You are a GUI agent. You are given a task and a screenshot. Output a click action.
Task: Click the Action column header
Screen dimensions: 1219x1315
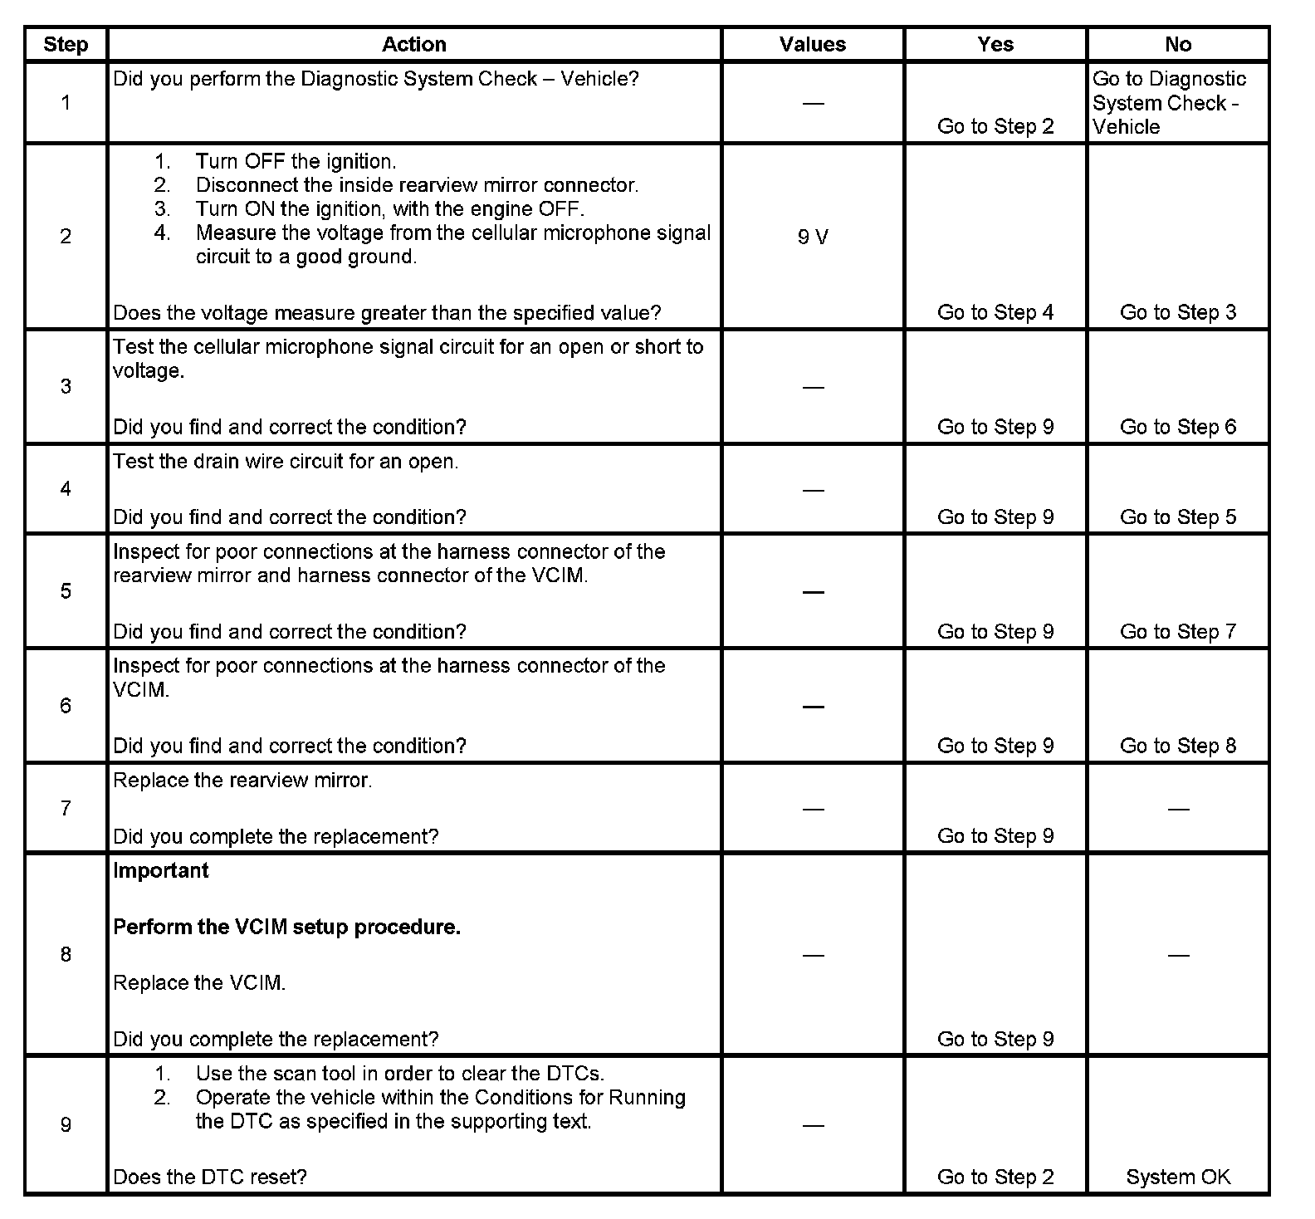click(x=413, y=44)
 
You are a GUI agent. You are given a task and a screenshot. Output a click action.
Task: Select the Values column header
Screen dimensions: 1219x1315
click(x=812, y=44)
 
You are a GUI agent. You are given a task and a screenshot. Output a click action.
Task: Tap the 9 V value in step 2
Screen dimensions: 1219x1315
click(x=813, y=237)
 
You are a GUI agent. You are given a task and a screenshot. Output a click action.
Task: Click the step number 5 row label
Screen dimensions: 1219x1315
click(x=66, y=591)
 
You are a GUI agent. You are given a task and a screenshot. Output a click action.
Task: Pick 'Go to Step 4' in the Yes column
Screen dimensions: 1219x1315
click(x=995, y=312)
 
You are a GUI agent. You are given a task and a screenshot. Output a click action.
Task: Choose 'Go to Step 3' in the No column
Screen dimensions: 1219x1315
click(x=1177, y=312)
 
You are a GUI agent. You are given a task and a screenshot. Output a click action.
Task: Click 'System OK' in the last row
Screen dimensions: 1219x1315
click(x=1177, y=1177)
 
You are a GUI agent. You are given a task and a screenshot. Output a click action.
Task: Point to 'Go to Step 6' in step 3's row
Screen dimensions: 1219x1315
click(x=1177, y=427)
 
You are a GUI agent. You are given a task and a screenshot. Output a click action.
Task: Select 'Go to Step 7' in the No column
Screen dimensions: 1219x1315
click(x=1177, y=632)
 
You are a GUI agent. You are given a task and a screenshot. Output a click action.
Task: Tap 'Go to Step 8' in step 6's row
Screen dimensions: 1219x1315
click(x=1177, y=746)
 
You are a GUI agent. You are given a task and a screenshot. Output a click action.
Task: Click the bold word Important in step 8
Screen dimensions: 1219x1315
click(x=161, y=870)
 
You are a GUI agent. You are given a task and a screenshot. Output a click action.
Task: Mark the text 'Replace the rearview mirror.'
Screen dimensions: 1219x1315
click(x=242, y=781)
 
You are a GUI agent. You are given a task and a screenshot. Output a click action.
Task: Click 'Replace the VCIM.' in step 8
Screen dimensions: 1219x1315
click(x=199, y=983)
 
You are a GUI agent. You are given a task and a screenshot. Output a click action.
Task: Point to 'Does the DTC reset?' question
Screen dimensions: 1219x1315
click(x=210, y=1177)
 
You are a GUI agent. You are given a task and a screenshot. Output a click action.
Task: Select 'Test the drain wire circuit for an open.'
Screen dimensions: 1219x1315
click(x=286, y=462)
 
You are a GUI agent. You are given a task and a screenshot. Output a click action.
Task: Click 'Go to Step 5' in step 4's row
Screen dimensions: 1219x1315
click(x=1177, y=517)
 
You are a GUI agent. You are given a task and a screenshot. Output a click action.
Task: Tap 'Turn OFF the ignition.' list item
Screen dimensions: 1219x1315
click(x=296, y=161)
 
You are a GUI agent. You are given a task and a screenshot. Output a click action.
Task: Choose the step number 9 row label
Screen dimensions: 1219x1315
click(x=66, y=1125)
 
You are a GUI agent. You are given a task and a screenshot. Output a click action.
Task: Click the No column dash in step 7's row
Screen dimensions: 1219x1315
click(x=1177, y=808)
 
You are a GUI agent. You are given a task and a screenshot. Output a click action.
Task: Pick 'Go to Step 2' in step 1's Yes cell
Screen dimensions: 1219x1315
click(x=995, y=126)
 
